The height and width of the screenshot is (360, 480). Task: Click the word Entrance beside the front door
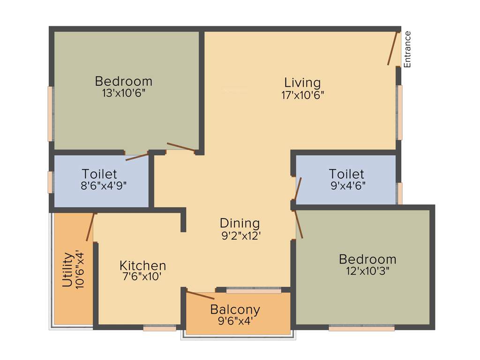[x=407, y=49]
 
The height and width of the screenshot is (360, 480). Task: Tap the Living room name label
[x=303, y=83]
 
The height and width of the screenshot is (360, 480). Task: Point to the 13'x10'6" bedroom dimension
[x=124, y=93]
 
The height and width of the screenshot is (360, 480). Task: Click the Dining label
[x=240, y=223]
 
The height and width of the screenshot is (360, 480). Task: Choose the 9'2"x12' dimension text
[x=240, y=236]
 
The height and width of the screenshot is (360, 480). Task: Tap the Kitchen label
[x=142, y=265]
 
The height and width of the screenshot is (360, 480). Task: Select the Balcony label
[x=235, y=309]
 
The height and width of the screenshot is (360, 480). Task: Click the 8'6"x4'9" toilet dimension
[x=103, y=185]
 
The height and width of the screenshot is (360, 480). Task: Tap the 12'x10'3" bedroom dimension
[x=367, y=270]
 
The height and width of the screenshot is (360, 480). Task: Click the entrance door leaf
[x=393, y=48]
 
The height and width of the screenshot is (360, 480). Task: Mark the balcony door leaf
[x=200, y=295]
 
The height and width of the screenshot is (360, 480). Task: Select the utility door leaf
[x=90, y=227]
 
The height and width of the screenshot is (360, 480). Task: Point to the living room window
[x=400, y=112]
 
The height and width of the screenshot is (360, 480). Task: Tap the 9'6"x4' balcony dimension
[x=235, y=321]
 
